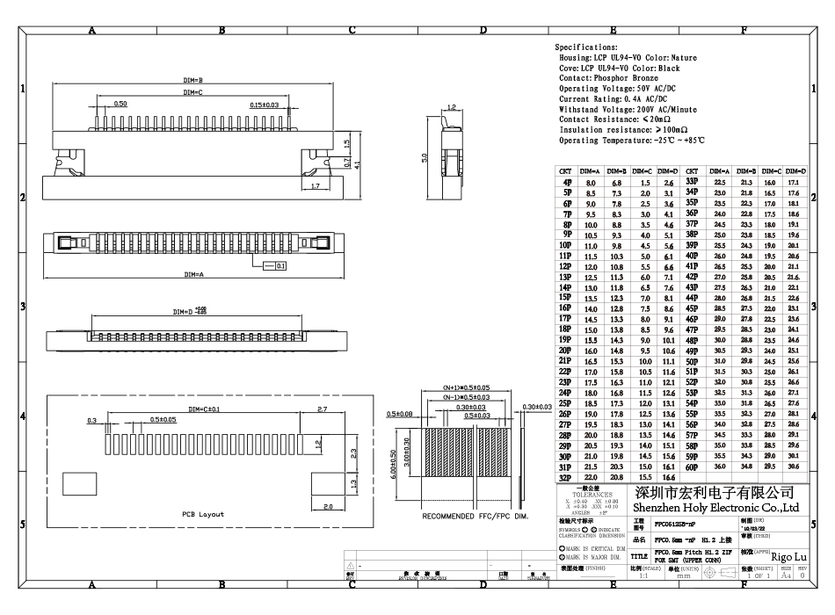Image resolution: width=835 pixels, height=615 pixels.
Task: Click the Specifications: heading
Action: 586,47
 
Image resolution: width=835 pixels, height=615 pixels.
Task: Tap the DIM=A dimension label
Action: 193,275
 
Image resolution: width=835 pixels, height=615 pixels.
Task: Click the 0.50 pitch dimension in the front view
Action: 120,104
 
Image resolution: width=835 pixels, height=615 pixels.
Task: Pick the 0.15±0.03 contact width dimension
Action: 264,105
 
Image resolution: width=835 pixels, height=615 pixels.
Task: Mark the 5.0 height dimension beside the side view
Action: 425,158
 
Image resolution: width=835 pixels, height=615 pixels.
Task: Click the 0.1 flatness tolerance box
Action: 280,264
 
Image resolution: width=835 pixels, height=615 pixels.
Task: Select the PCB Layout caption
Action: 203,514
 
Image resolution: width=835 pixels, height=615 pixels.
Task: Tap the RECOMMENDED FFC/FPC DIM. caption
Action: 476,516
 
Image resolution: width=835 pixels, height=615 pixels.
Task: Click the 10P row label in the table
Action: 566,246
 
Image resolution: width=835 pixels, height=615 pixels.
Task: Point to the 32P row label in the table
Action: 566,477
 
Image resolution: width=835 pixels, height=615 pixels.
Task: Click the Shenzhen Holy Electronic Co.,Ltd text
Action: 716,507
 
